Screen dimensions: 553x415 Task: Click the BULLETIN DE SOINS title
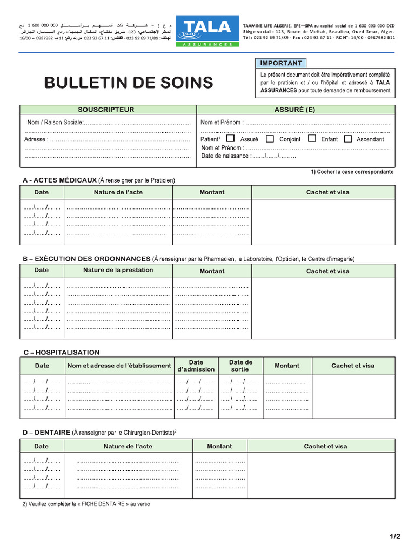129,83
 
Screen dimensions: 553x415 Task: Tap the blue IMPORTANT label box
280,63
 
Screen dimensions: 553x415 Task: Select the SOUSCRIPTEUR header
106,110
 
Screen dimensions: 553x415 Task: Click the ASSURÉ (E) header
294,110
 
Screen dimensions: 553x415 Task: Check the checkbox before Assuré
231,139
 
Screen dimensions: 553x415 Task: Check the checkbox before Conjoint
270,139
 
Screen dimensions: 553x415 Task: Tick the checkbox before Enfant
312,139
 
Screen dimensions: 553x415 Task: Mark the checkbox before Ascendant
348,139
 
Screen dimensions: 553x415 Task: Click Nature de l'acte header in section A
118,192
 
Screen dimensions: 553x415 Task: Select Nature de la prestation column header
118,270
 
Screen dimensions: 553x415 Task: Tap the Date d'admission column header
196,366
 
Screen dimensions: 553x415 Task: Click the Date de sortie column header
240,366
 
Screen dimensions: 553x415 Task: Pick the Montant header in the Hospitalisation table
287,366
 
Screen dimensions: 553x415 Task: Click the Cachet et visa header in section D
325,446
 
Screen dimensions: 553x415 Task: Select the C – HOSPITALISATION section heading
61,352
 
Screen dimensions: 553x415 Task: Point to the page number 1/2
394,536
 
